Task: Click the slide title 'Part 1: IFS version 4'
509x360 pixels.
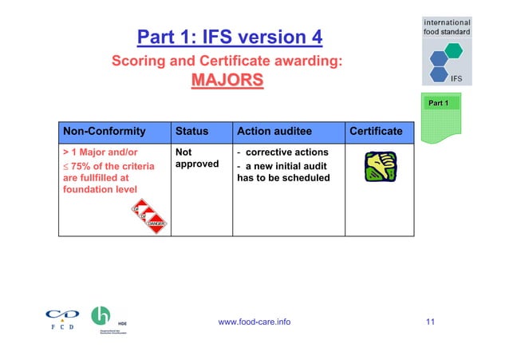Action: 230,37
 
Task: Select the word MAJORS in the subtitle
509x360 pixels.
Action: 227,81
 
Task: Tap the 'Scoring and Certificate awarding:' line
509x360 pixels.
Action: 227,61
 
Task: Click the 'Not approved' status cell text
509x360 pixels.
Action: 191,158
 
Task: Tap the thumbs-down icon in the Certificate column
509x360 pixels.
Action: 378,167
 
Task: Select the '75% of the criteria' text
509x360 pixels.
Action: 104,164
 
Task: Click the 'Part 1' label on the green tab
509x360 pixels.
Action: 440,104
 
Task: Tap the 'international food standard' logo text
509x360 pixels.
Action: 447,26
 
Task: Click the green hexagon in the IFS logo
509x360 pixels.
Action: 453,50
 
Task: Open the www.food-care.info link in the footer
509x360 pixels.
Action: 254,321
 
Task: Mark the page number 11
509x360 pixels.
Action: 430,321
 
